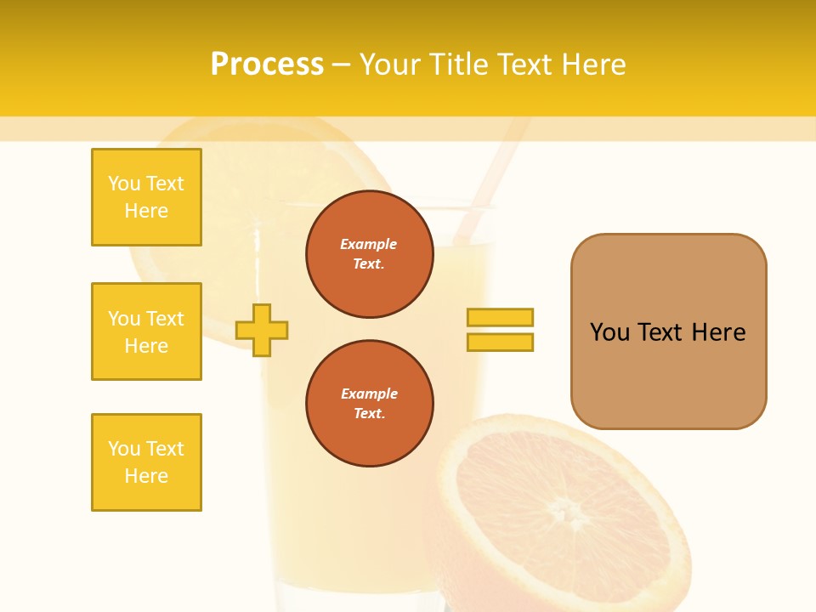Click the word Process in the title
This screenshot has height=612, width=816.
tap(267, 65)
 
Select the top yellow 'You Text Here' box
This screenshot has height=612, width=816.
tap(146, 197)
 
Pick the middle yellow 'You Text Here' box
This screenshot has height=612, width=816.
tap(146, 331)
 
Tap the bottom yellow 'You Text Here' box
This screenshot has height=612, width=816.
tap(146, 462)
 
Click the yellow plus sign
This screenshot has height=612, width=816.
tap(262, 330)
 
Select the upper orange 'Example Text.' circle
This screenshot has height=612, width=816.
tap(369, 254)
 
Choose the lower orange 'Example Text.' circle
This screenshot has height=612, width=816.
tap(369, 404)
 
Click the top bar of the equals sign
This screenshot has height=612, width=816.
tap(500, 317)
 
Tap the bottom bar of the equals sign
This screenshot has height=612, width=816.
tap(500, 342)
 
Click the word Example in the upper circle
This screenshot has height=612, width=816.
tap(369, 244)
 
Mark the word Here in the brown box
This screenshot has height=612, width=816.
tap(718, 332)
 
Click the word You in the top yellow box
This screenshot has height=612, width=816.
tap(124, 184)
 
